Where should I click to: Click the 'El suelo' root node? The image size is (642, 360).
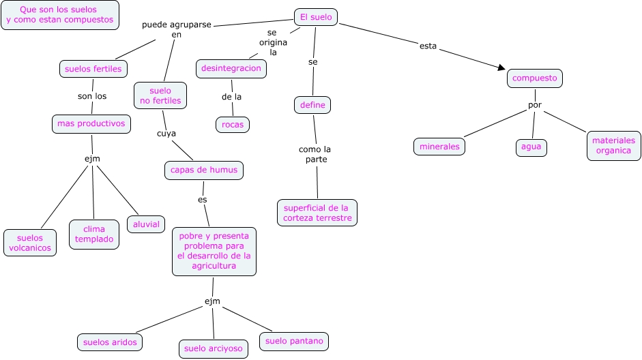[x=316, y=17]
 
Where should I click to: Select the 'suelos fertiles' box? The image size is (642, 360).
[x=93, y=69]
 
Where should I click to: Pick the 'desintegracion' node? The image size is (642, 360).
[x=231, y=68]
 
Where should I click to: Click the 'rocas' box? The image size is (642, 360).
[x=233, y=125]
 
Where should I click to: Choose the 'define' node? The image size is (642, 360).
[x=313, y=105]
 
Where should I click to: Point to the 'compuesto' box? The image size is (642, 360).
[x=535, y=78]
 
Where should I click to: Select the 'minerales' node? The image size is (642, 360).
[x=439, y=147]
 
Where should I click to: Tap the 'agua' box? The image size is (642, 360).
[x=531, y=147]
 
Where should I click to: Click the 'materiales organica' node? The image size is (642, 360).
[x=613, y=146]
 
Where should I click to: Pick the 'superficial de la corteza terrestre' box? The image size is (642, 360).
[x=317, y=213]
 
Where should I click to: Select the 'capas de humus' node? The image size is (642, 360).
[x=204, y=170]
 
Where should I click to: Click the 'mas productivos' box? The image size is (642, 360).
[x=91, y=124]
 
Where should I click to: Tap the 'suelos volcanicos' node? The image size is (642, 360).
[x=30, y=243]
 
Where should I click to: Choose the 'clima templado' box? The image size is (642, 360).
[x=94, y=235]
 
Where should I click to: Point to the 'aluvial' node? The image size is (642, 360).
[x=146, y=224]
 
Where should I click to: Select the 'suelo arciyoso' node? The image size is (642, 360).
[x=213, y=349]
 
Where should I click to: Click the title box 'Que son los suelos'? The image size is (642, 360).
[x=60, y=15]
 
